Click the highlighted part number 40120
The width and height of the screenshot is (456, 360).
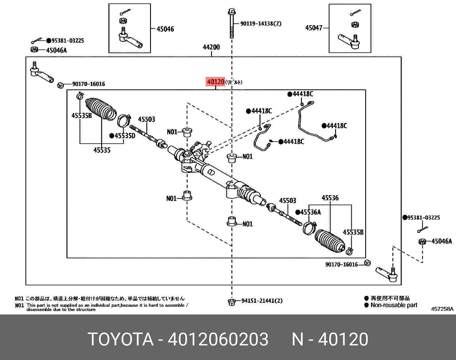point(215,82)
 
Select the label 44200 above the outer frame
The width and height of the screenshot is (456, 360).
point(211,47)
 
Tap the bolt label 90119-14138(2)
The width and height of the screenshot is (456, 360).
point(261,24)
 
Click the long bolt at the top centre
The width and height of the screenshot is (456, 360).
point(231,24)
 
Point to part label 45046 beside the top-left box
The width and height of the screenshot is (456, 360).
point(165,29)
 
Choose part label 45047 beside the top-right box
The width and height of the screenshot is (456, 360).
point(314,28)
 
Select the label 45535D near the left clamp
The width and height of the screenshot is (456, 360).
point(125,136)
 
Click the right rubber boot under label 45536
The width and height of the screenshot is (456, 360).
point(330,241)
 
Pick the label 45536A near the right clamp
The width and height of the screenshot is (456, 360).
point(310,212)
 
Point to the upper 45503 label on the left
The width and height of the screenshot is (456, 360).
point(146,119)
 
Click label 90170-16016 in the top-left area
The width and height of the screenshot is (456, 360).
point(88,84)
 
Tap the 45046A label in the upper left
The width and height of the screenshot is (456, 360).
point(56,50)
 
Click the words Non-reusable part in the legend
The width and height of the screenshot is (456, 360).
point(394,305)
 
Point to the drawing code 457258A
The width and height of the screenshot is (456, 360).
point(442,309)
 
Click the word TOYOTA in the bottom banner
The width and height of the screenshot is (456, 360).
point(120,339)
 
